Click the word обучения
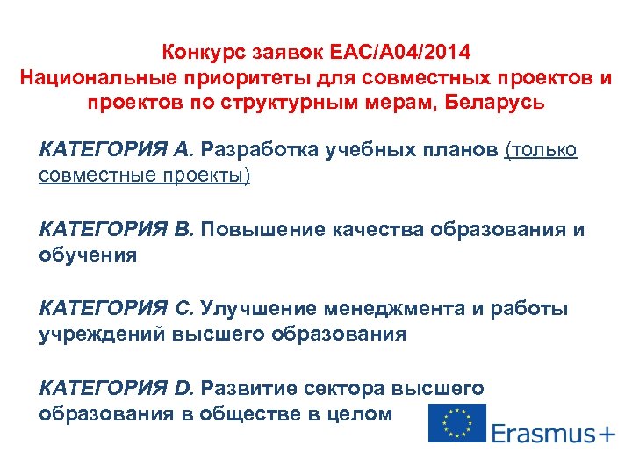click(88, 255)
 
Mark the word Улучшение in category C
click(259, 309)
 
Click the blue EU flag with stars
click(456, 422)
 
